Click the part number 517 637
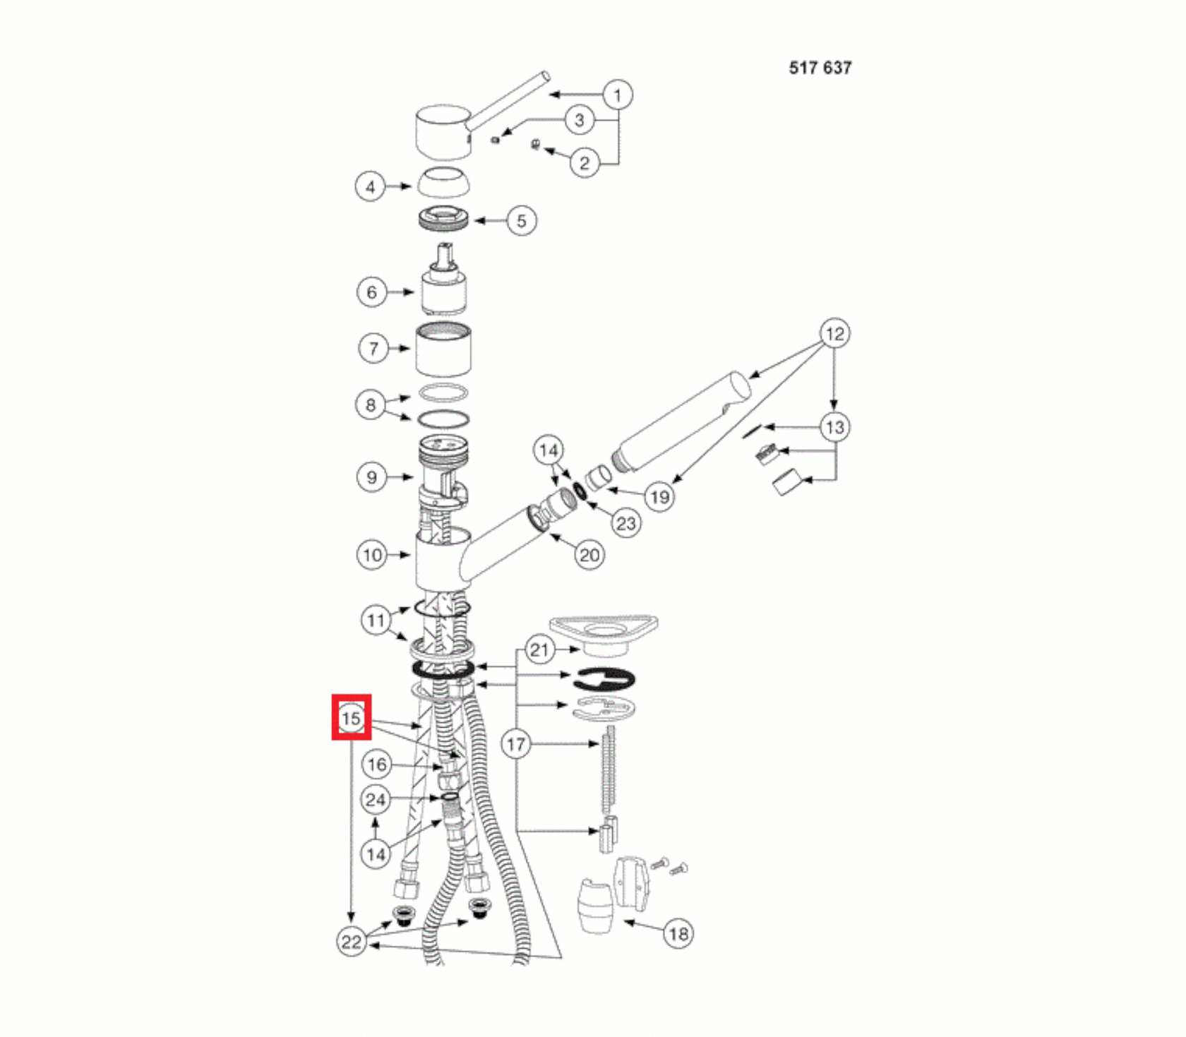(x=820, y=68)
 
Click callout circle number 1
(x=618, y=95)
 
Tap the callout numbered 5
(x=522, y=221)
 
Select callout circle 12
(x=834, y=333)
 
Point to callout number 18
(x=678, y=934)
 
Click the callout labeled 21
(x=539, y=649)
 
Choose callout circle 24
(x=376, y=800)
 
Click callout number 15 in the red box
(x=351, y=719)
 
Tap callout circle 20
(x=589, y=555)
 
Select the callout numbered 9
(x=372, y=477)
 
